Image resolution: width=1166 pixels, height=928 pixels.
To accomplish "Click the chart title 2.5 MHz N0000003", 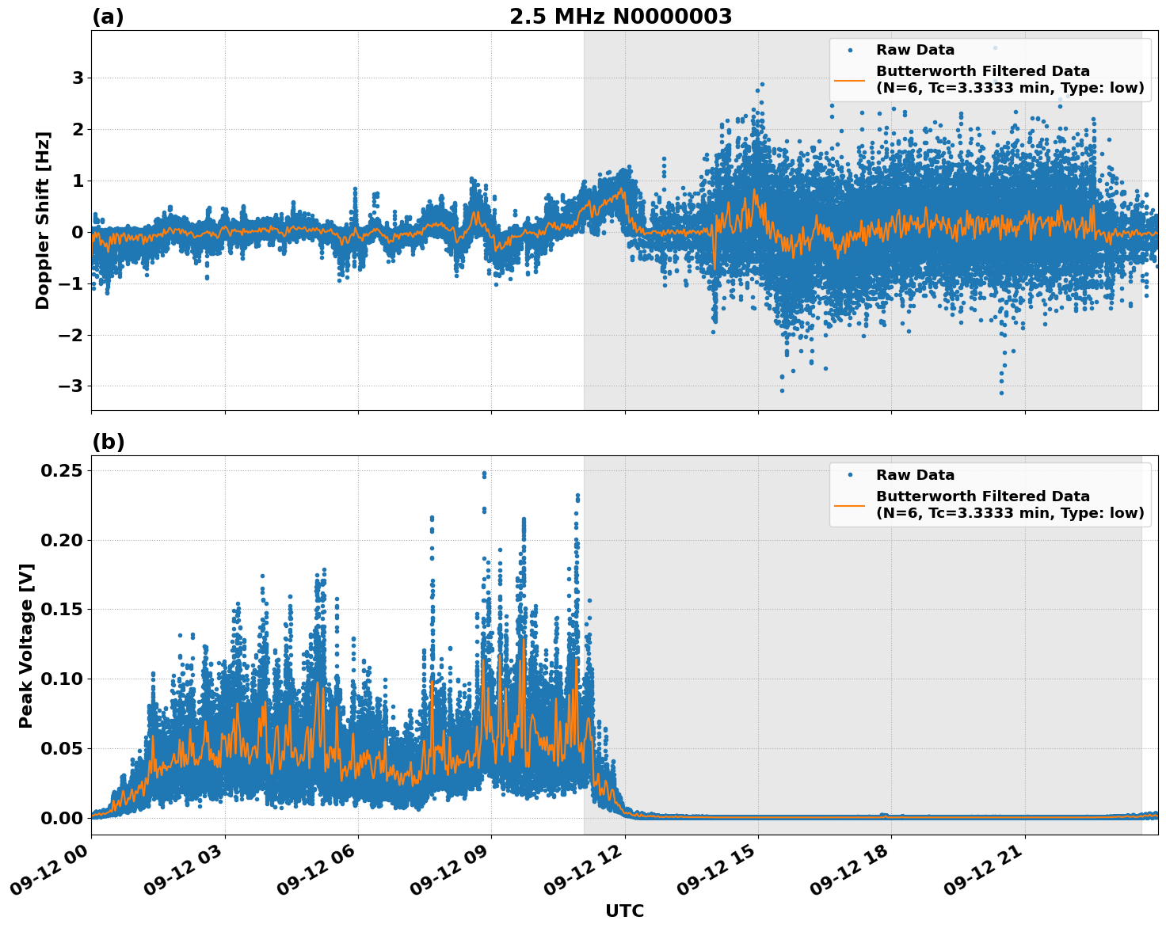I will tap(620, 17).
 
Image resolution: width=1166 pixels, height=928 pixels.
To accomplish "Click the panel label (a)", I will tap(108, 17).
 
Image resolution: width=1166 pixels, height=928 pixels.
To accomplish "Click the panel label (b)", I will tap(108, 442).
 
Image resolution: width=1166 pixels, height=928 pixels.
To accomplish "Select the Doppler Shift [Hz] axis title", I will tap(43, 220).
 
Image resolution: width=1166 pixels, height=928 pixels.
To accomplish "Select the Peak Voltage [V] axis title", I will tap(26, 645).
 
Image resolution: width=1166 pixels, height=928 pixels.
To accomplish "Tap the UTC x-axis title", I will tap(624, 911).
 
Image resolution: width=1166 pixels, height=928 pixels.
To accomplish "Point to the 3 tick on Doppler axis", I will tap(78, 78).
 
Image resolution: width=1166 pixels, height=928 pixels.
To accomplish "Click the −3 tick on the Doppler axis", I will tap(71, 386).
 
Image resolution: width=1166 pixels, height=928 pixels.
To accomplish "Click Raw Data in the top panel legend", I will tap(915, 50).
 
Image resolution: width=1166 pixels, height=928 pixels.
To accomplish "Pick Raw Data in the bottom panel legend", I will tap(915, 475).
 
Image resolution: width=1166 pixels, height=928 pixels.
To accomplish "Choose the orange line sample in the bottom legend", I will tap(849, 504).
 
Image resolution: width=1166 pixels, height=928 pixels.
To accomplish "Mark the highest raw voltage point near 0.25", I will tap(484, 474).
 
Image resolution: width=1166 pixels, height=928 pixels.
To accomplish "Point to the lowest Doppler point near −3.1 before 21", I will tap(1001, 393).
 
